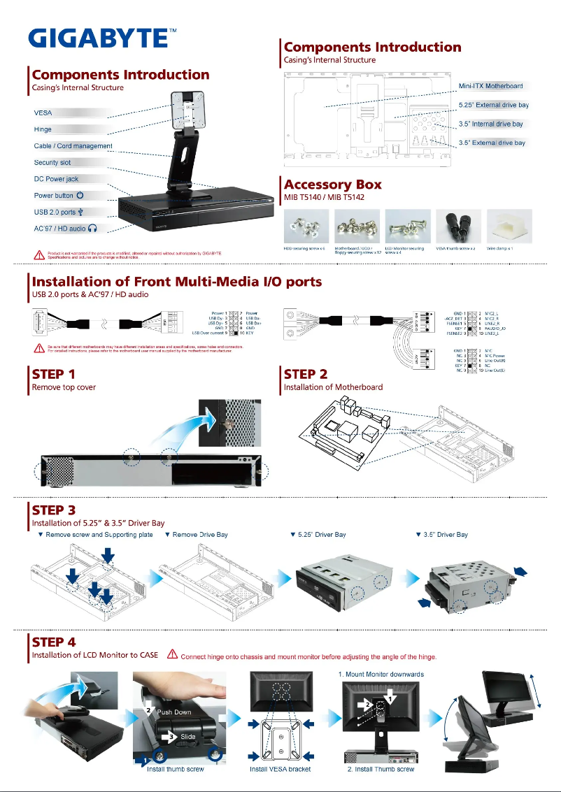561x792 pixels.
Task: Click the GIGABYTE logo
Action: tap(98, 37)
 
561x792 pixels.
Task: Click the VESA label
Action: tap(43, 113)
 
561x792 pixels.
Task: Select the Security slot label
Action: tap(52, 162)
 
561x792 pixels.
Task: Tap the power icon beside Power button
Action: tap(80, 196)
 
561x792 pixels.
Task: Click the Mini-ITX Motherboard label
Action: tap(490, 86)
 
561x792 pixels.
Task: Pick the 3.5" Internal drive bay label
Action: tap(490, 124)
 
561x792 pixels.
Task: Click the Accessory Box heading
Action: tap(333, 185)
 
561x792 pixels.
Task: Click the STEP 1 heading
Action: tap(53, 374)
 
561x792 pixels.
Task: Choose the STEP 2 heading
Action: tap(305, 374)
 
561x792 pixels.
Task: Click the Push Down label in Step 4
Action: tap(174, 712)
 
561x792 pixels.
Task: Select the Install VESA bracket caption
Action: tap(280, 769)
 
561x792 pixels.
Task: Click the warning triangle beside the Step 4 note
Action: tap(171, 655)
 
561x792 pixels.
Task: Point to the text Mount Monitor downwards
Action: tap(381, 675)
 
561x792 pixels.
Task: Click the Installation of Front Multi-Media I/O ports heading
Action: tap(177, 282)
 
